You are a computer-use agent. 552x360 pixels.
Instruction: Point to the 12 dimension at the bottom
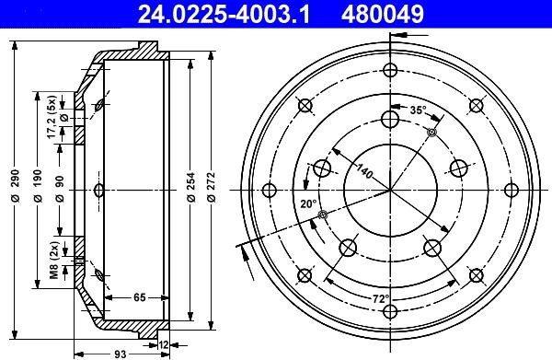tap(164, 344)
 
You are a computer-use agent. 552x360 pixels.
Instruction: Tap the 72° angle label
tap(381, 298)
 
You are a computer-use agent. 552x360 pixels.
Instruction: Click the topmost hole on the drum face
tap(390, 71)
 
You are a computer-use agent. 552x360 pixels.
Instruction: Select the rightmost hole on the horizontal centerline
tap(511, 192)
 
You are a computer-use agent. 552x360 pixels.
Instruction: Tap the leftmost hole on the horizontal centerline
tap(270, 192)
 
